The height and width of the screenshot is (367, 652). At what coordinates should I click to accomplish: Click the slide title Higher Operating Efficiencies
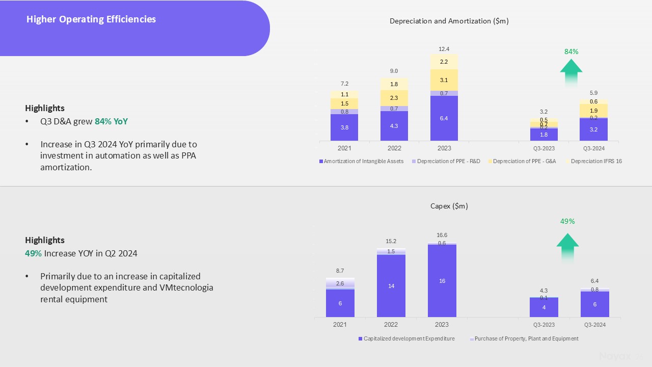tap(91, 19)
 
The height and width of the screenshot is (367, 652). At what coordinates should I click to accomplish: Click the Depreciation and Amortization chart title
tap(449, 21)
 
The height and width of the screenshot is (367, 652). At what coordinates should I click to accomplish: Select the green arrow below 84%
tap(571, 71)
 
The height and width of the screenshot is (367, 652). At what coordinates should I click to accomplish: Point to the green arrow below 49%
tap(567, 247)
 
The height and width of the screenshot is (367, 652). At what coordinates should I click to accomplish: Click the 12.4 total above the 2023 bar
tap(444, 49)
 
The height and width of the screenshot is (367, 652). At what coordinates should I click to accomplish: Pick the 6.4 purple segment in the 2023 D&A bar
tap(444, 118)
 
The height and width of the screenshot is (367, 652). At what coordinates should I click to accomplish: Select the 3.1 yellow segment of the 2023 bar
tap(444, 80)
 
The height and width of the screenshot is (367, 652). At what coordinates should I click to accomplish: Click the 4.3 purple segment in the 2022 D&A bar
tap(394, 126)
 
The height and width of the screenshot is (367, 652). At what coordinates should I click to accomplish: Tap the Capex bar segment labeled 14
tap(391, 286)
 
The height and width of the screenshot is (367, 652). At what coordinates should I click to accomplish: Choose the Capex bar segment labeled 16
tap(442, 281)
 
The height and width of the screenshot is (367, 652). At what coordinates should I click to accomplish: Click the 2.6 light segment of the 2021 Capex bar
tap(340, 283)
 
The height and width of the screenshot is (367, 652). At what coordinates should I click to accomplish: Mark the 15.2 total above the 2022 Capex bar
tap(391, 241)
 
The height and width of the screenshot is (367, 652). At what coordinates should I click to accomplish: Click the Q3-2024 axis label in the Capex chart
tap(594, 325)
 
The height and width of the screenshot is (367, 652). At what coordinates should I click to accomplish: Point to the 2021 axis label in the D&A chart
tap(344, 148)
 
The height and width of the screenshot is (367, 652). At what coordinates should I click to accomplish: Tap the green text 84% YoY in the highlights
tap(111, 122)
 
